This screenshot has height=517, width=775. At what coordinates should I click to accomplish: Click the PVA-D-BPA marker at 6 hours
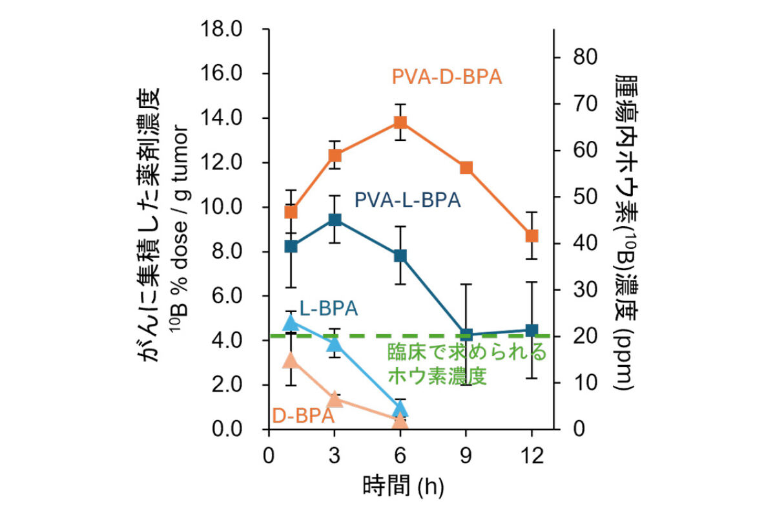(x=400, y=122)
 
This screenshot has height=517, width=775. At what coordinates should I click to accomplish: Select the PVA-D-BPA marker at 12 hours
(x=532, y=236)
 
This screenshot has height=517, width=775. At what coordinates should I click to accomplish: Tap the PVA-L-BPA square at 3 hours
(x=335, y=220)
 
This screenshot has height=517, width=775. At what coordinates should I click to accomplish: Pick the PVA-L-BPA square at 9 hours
(x=466, y=335)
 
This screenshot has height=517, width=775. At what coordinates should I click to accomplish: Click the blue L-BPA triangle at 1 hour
(x=291, y=322)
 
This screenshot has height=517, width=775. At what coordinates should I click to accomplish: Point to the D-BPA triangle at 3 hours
(x=335, y=399)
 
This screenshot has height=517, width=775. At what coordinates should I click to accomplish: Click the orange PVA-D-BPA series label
(x=447, y=78)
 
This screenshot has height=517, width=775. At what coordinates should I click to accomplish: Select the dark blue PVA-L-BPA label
(x=407, y=200)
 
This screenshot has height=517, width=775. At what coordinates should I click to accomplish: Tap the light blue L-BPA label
(x=328, y=309)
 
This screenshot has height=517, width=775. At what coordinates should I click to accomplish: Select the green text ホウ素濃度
(x=436, y=375)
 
